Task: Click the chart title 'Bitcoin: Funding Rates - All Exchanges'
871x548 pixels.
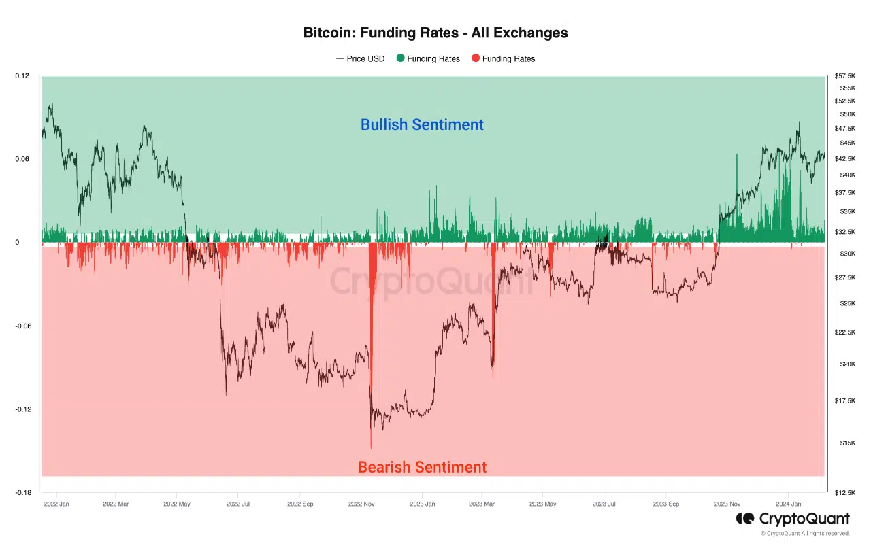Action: pyautogui.click(x=435, y=33)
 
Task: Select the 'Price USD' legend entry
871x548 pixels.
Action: pyautogui.click(x=361, y=58)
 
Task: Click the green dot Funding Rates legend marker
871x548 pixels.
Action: pyautogui.click(x=401, y=58)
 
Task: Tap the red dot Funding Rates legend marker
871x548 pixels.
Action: pyautogui.click(x=476, y=58)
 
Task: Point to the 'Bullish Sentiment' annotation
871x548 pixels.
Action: pyautogui.click(x=422, y=124)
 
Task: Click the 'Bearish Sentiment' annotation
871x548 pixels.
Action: pyautogui.click(x=422, y=467)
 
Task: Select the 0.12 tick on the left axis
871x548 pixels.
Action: pyautogui.click(x=22, y=75)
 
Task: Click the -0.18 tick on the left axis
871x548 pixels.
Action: pyautogui.click(x=22, y=492)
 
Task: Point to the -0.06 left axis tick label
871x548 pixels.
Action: pyautogui.click(x=22, y=326)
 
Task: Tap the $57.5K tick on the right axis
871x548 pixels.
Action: pyautogui.click(x=846, y=75)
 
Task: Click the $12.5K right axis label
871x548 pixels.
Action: pyautogui.click(x=846, y=492)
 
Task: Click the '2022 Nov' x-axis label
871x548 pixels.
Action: pyautogui.click(x=361, y=504)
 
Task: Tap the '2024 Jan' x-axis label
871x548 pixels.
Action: pyautogui.click(x=788, y=504)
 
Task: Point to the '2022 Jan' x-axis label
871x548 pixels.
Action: pyautogui.click(x=56, y=504)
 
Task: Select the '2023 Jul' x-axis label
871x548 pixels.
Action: pyautogui.click(x=604, y=504)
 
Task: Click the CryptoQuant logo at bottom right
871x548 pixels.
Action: pyautogui.click(x=793, y=519)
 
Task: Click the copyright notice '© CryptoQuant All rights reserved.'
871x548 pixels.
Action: pyautogui.click(x=805, y=534)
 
